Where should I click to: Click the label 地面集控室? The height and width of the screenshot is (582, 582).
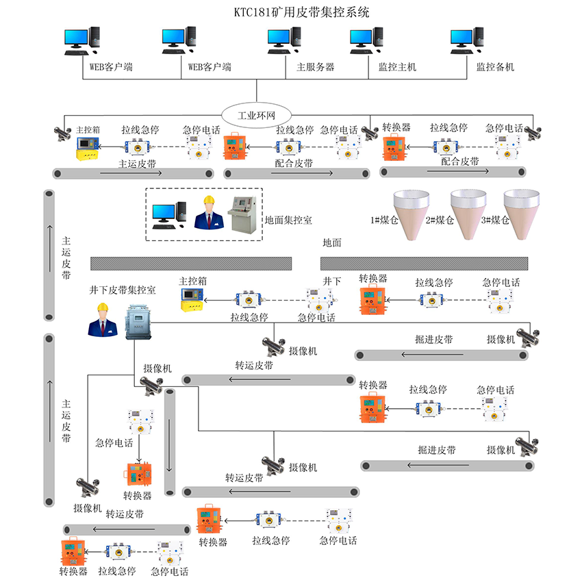pyautogui.click(x=288, y=220)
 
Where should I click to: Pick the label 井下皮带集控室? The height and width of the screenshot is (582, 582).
pyautogui.click(x=123, y=290)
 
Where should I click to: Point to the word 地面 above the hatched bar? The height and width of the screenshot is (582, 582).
pyautogui.click(x=332, y=242)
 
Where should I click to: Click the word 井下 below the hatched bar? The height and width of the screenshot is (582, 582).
pyautogui.click(x=332, y=281)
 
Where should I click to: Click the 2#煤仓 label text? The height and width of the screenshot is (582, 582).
pyautogui.click(x=440, y=220)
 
